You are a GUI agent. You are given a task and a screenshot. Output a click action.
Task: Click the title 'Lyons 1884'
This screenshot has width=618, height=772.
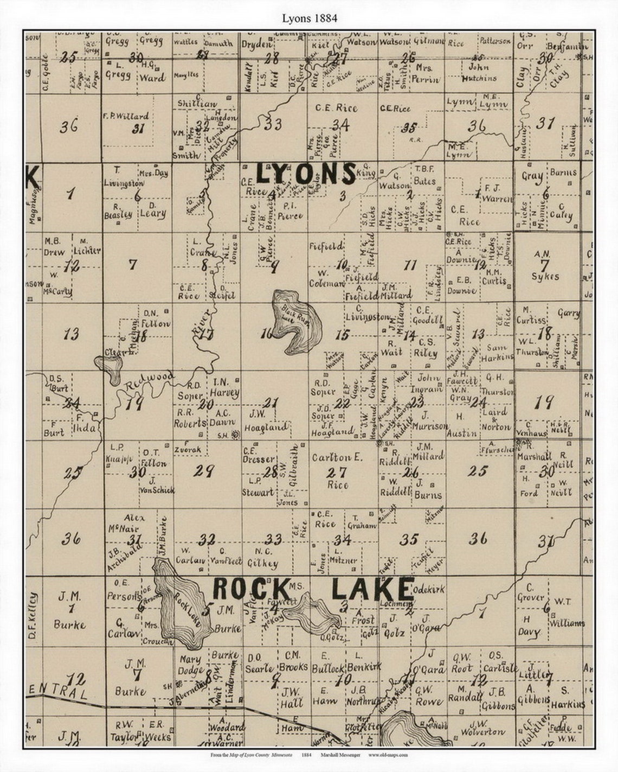[x=309, y=18]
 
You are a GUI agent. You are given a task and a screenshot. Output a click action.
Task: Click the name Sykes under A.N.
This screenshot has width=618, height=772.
[x=545, y=276]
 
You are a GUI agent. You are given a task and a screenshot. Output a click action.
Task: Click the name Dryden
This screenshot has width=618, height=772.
[x=256, y=44]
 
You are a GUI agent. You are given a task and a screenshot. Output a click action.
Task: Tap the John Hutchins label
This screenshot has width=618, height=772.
[x=479, y=73]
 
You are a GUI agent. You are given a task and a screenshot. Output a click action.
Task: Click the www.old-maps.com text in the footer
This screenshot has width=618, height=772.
[x=388, y=755]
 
